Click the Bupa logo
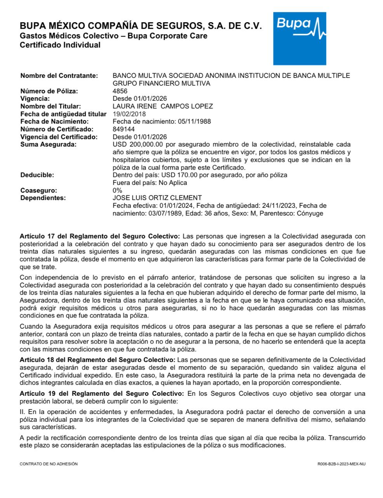(x=299, y=39)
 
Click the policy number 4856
(x=120, y=91)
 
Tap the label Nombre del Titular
(x=50, y=106)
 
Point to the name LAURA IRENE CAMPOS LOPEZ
(x=162, y=106)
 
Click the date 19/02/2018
(x=129, y=114)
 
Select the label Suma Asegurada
(x=48, y=144)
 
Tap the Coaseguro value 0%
(x=117, y=190)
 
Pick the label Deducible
(x=37, y=175)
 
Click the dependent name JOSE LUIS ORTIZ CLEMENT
(x=157, y=198)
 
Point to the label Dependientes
(x=43, y=198)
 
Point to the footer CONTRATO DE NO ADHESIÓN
(x=49, y=464)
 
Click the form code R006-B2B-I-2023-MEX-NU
(x=341, y=464)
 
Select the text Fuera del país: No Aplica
(x=150, y=182)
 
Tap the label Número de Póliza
(x=49, y=91)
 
